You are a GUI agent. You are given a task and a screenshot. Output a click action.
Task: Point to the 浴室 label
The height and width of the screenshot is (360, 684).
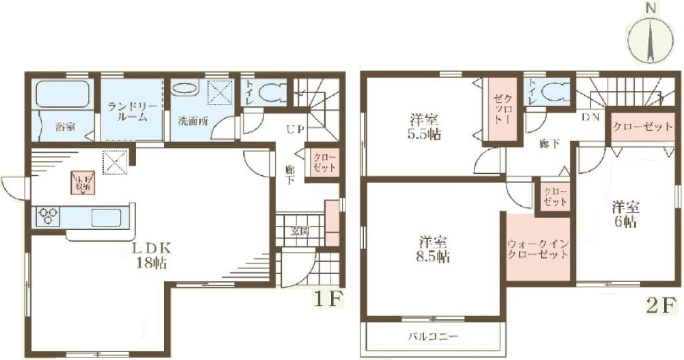[x=66, y=127]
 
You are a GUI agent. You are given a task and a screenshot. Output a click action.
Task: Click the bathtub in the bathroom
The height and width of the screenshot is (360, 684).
[x=63, y=94]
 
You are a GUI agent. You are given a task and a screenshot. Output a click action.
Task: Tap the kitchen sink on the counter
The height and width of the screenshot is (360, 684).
[x=105, y=218]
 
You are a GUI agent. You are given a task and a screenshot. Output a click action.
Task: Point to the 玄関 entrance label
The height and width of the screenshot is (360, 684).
[x=300, y=231]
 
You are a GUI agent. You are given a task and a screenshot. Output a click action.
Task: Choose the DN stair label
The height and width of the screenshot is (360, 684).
[x=590, y=118]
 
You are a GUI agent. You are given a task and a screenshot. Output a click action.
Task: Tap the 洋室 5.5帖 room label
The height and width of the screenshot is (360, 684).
[x=425, y=126]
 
